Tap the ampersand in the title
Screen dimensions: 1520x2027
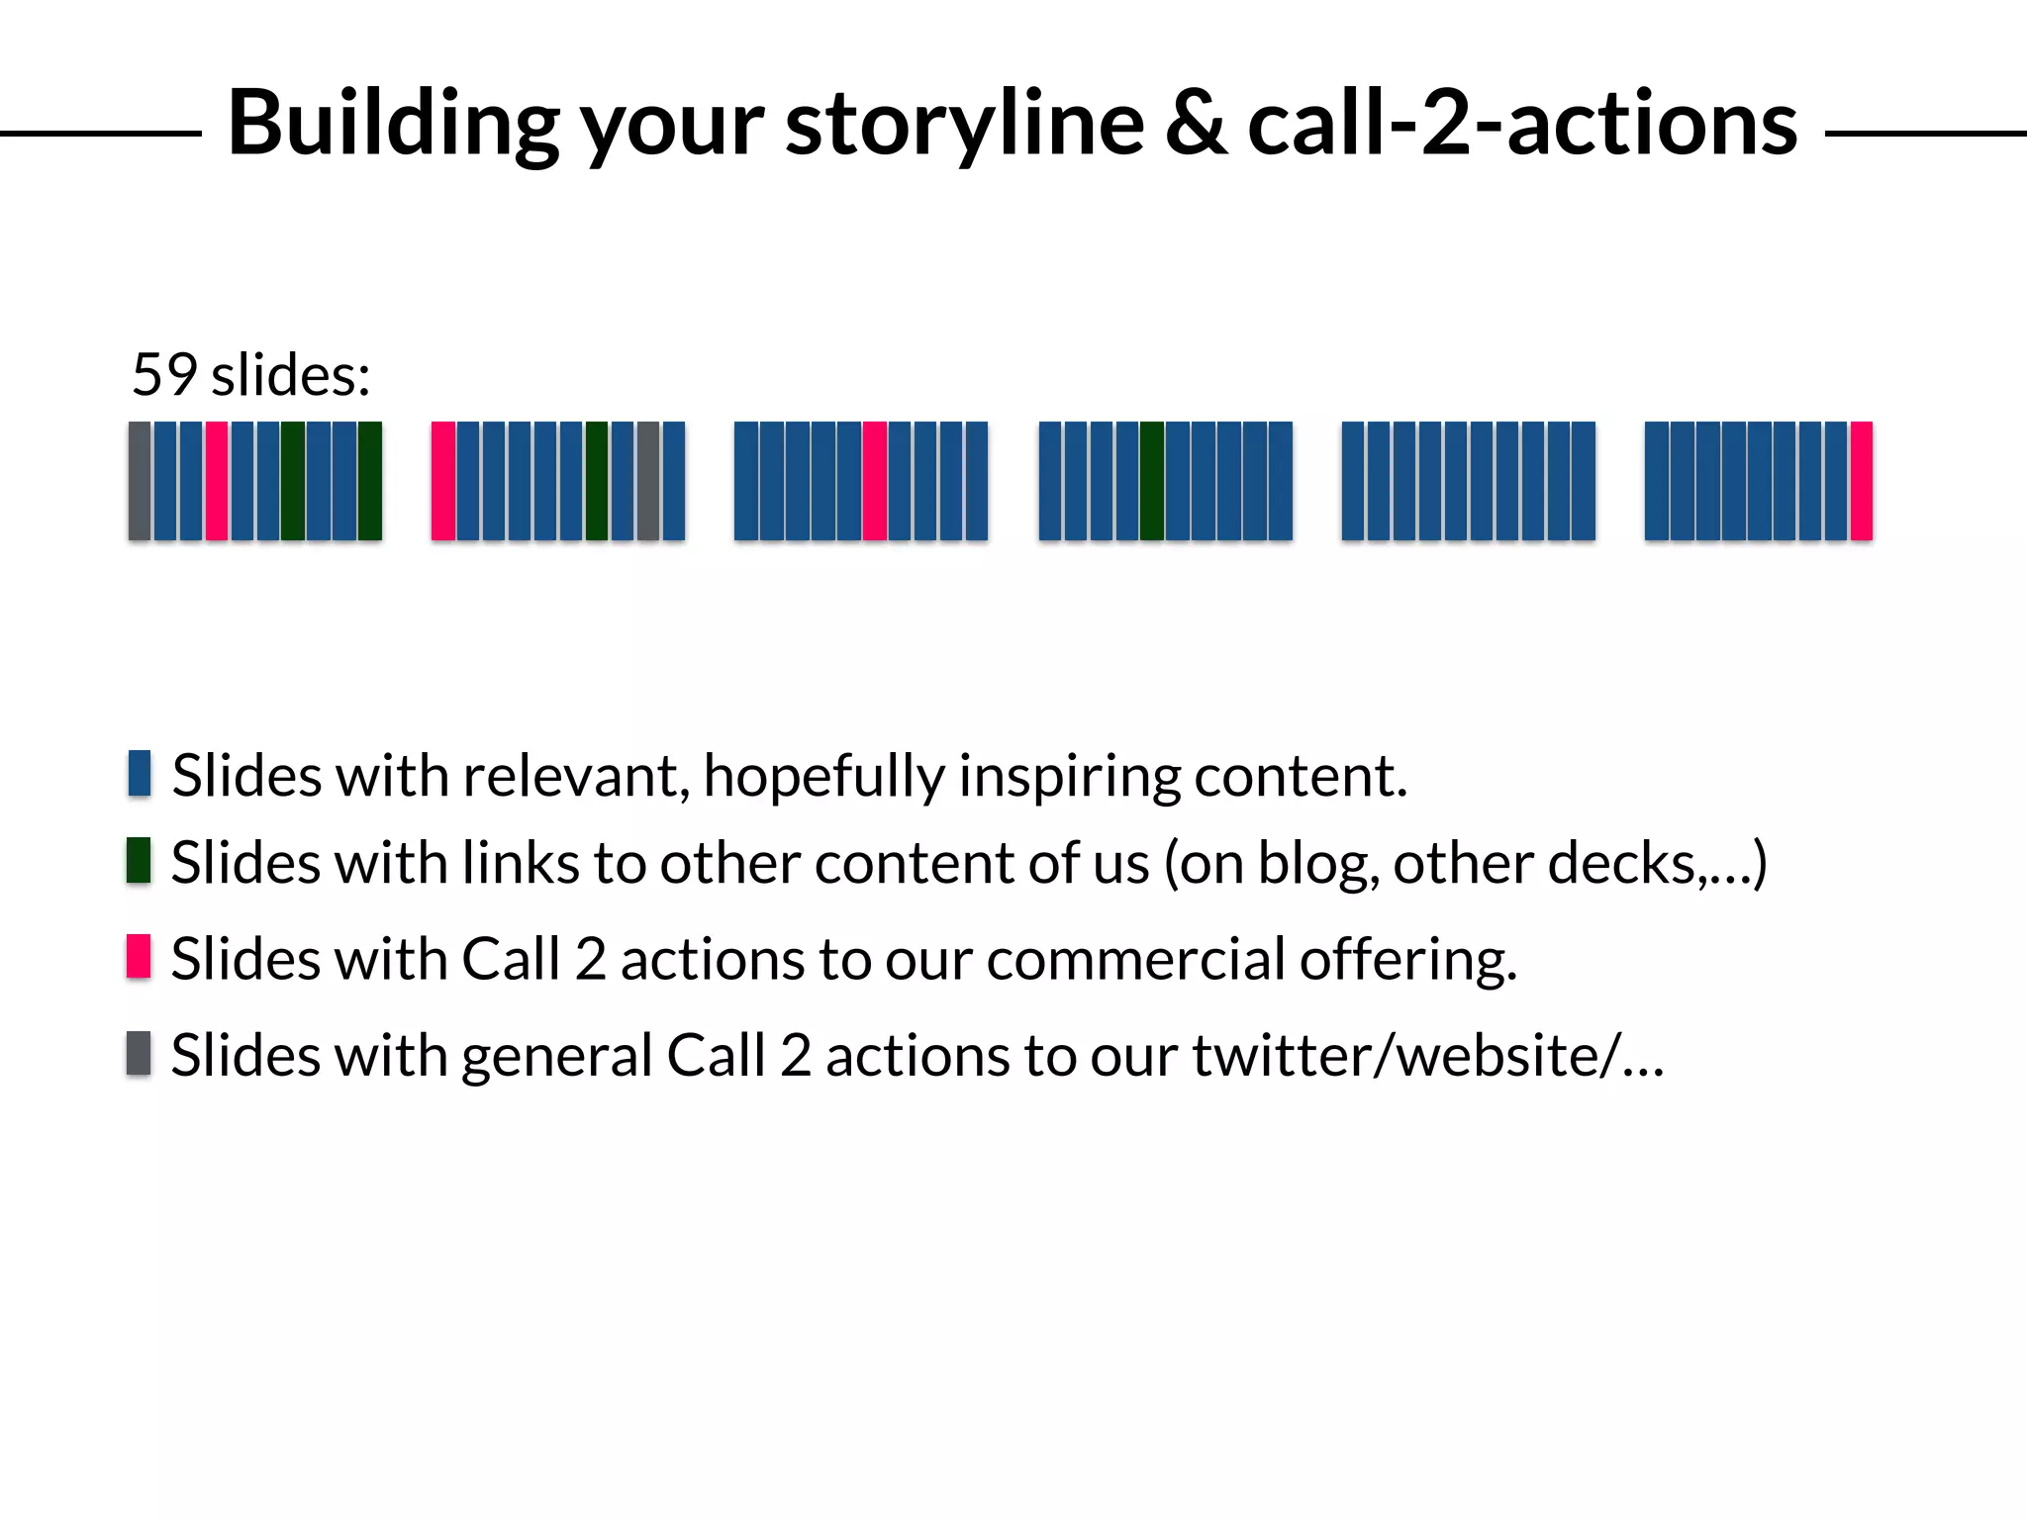coord(1196,123)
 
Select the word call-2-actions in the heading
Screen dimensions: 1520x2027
coord(1522,123)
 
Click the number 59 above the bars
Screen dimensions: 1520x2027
coord(164,375)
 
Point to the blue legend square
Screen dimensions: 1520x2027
coord(140,773)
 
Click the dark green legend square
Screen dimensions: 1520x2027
coord(139,860)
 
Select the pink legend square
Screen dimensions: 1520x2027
coord(139,956)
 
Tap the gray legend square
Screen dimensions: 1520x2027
coord(139,1052)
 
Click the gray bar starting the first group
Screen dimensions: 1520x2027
coord(140,481)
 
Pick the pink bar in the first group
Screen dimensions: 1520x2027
coord(217,481)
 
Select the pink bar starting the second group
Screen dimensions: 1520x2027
coord(443,481)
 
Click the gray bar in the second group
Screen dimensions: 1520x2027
coord(648,481)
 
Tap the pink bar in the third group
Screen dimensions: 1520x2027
coord(874,481)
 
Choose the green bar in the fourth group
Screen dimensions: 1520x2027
coord(1152,481)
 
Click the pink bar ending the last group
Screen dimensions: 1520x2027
coord(1861,481)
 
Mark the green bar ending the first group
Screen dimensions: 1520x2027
coord(370,481)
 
